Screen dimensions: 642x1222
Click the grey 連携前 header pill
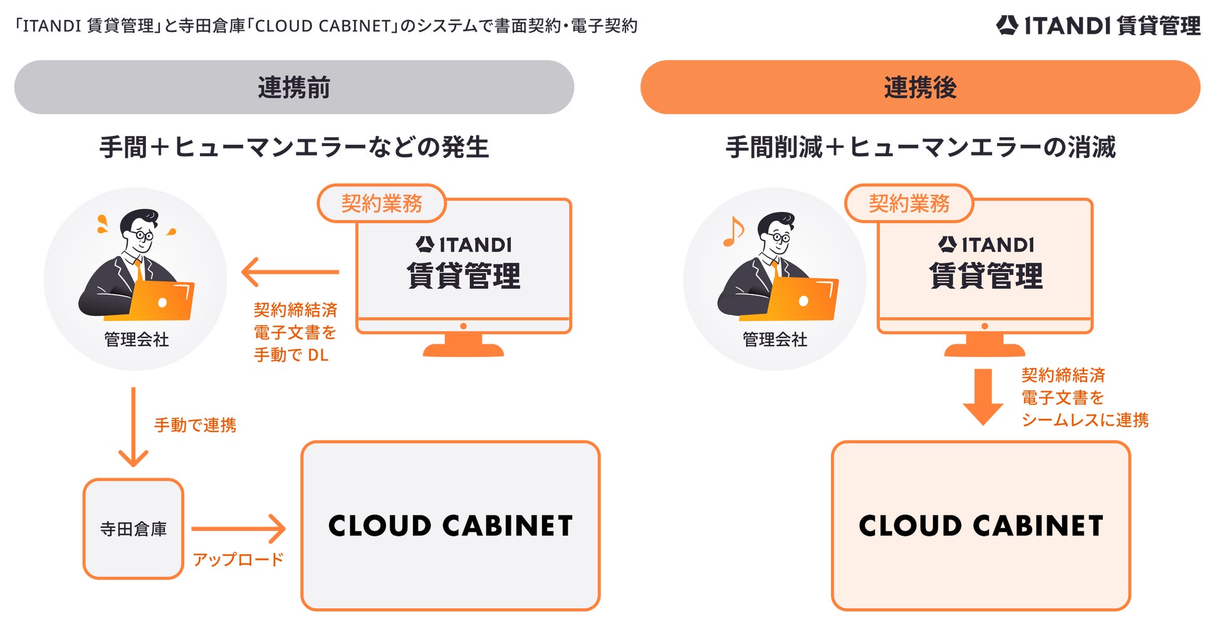tap(294, 87)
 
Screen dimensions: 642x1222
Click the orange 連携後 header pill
tap(920, 87)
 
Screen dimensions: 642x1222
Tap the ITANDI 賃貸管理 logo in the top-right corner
tap(1099, 26)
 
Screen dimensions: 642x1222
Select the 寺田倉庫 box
tap(133, 529)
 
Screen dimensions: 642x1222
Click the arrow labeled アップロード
tap(239, 529)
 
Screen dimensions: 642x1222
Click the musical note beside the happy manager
tap(733, 231)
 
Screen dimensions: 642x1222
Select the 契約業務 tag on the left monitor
tap(382, 203)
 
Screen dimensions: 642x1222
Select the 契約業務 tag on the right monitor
tap(909, 203)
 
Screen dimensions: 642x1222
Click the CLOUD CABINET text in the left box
tap(451, 525)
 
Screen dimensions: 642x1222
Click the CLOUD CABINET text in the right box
tap(981, 525)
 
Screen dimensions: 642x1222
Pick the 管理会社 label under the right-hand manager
tap(775, 339)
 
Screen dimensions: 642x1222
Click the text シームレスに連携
tap(1085, 419)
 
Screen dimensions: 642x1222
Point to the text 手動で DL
tap(291, 355)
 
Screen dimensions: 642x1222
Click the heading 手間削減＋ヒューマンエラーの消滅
tap(920, 147)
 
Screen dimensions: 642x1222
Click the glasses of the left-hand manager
tap(143, 236)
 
